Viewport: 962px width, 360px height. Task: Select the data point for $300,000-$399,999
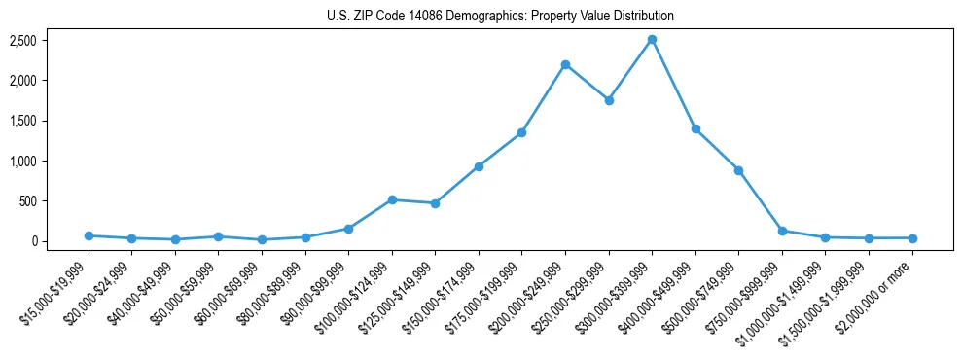pyautogui.click(x=652, y=40)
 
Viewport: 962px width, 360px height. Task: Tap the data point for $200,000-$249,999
pyautogui.click(x=565, y=64)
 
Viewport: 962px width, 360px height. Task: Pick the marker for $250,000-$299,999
pyautogui.click(x=609, y=100)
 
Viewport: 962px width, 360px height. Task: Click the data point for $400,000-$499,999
pyautogui.click(x=695, y=128)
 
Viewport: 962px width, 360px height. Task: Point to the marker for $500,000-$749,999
pyautogui.click(x=739, y=170)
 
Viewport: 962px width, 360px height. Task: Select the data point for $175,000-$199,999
pyautogui.click(x=522, y=132)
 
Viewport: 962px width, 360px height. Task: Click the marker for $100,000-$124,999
pyautogui.click(x=392, y=199)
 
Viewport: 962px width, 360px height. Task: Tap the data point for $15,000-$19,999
pyautogui.click(x=89, y=235)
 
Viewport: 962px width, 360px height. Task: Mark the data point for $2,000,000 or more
pyautogui.click(x=912, y=238)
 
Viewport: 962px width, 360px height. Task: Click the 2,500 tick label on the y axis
pyautogui.click(x=23, y=40)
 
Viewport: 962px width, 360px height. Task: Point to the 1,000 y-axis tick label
pyautogui.click(x=23, y=161)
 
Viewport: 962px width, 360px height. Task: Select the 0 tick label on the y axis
pyautogui.click(x=33, y=241)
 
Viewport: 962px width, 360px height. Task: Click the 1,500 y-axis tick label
pyautogui.click(x=23, y=121)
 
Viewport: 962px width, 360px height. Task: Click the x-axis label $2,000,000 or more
pyautogui.click(x=877, y=290)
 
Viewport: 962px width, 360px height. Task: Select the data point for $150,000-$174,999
pyautogui.click(x=479, y=166)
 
